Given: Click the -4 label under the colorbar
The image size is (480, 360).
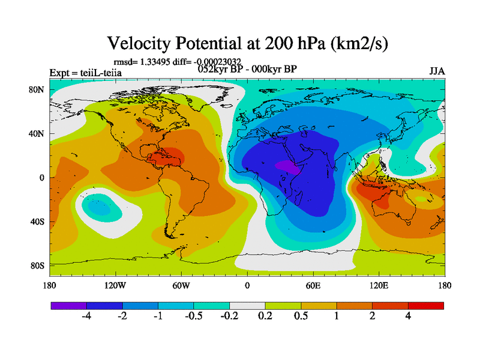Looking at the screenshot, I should pos(86,316).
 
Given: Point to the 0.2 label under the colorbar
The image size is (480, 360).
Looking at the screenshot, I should pos(265,316).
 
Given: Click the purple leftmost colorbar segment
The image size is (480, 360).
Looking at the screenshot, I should pos(69,305).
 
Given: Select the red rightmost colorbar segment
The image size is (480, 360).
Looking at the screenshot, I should pos(426,305).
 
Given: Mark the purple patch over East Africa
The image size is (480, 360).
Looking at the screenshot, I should pos(287,166).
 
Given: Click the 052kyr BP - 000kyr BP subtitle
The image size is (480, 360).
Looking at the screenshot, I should pos(247,68).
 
